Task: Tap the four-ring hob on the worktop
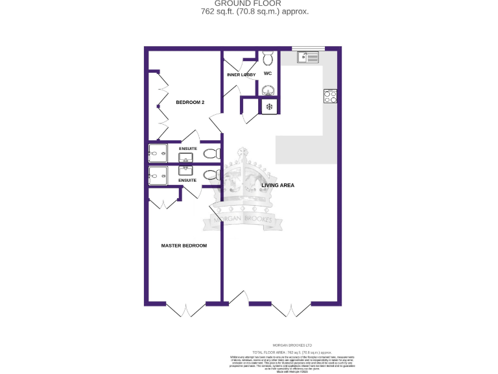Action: point(330,96)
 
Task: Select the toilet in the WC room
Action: point(268,59)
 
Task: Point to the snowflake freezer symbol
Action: point(268,106)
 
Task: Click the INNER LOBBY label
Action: point(241,75)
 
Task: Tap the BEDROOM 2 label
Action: point(190,103)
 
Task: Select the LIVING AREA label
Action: point(278,186)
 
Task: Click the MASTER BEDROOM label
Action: point(184,245)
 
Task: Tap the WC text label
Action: point(267,74)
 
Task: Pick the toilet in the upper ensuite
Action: point(210,154)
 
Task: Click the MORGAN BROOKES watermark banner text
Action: point(246,220)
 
